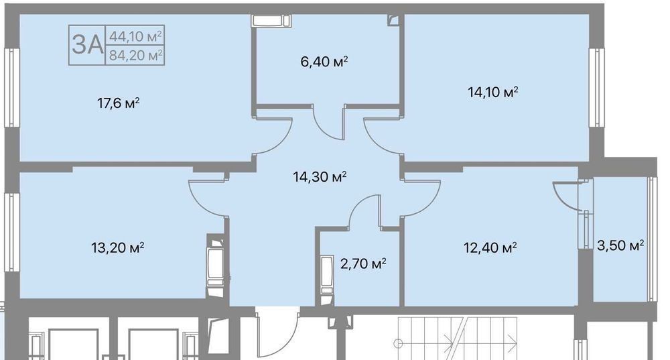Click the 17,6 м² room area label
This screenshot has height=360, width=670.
(x=119, y=103)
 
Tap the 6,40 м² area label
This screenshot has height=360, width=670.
(x=324, y=62)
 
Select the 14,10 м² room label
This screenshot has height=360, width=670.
(x=493, y=92)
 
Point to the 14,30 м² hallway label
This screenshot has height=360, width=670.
(x=320, y=176)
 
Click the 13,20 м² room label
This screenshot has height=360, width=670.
(x=117, y=247)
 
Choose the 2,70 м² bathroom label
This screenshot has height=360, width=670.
(x=363, y=263)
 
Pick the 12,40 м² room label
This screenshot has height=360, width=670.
(x=490, y=247)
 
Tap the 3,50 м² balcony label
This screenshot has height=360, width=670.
(x=620, y=245)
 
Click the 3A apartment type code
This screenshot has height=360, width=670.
(x=88, y=44)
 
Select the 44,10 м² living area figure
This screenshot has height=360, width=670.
(x=135, y=36)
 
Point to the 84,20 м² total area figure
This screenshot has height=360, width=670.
(x=135, y=55)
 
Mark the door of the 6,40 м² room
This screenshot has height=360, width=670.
(x=328, y=122)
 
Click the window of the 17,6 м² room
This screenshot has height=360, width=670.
(x=12, y=87)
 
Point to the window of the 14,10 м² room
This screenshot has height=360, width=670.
(x=596, y=87)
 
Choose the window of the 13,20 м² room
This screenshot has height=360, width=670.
(x=12, y=232)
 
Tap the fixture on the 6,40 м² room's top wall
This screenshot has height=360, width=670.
(x=271, y=21)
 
